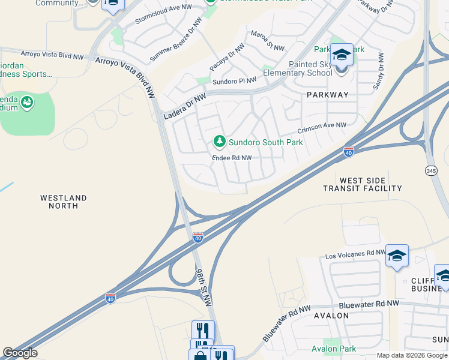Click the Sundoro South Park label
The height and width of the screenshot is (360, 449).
pos(265,143)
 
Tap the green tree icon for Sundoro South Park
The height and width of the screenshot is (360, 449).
pos(220,142)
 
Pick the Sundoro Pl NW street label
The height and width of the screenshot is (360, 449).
pos(234,80)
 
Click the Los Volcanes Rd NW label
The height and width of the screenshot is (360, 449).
pos(355,254)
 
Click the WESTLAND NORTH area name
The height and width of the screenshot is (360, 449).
pos(64,202)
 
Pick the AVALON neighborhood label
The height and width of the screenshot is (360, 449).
pos(331,316)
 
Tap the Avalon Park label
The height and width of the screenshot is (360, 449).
pos(334,349)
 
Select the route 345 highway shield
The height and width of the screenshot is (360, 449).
pos(431,170)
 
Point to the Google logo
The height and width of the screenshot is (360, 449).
pos(20,353)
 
